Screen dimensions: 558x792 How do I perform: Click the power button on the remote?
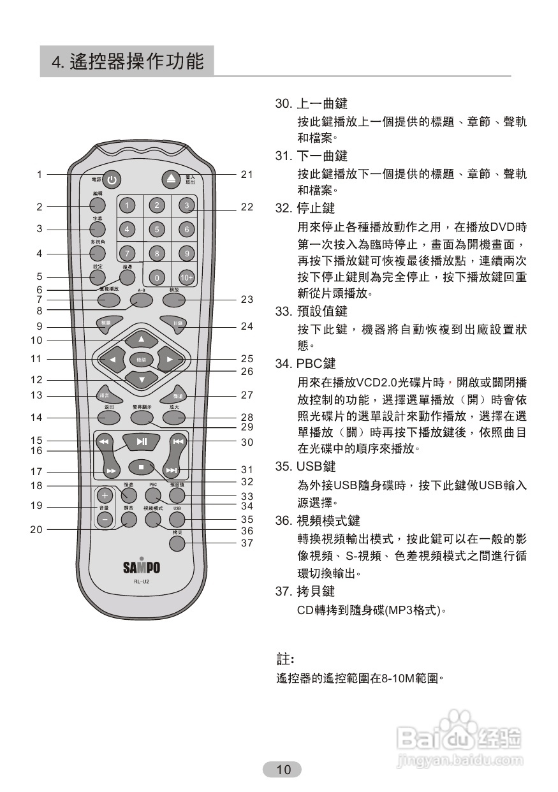(112, 180)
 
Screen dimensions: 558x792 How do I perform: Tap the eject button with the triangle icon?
(171, 180)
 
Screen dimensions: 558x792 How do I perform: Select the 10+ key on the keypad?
(186, 277)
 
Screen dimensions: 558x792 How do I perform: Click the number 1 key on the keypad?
(128, 205)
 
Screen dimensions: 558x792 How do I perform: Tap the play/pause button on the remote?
(142, 441)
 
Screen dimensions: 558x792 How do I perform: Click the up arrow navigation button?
(142, 338)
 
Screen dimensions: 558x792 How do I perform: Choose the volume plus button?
(105, 496)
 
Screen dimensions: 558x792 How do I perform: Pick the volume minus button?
(105, 519)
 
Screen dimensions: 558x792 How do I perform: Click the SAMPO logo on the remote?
(141, 567)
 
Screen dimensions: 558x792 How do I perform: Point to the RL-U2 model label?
(141, 582)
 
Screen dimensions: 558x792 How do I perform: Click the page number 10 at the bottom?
(283, 770)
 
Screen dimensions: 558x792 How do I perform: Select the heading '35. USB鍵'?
(305, 467)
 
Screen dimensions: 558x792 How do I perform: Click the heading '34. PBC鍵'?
(305, 364)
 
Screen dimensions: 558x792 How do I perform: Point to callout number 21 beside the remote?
(247, 174)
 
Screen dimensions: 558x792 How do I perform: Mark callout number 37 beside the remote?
(247, 543)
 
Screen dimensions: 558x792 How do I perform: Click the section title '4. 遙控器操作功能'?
(128, 61)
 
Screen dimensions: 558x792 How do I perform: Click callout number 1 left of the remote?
(39, 174)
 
